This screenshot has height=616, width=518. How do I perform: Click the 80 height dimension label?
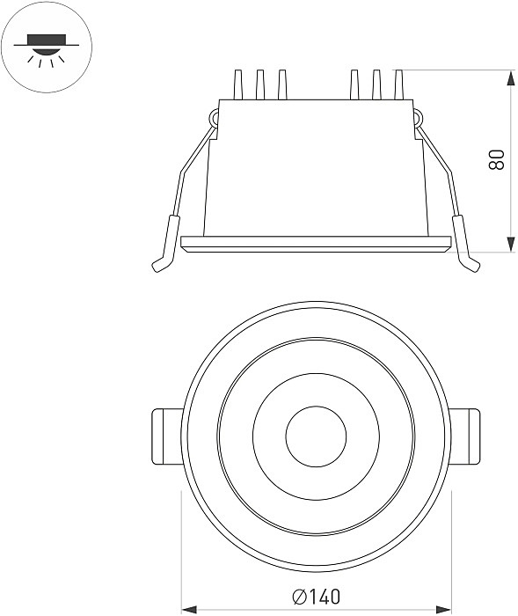tap(497, 159)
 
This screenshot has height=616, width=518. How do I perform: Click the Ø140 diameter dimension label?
tap(316, 597)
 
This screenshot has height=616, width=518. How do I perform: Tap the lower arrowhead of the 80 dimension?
tap(511, 244)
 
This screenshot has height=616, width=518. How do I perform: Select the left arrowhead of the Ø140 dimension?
tap(189, 610)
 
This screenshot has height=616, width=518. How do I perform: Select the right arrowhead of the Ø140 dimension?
tap(444, 610)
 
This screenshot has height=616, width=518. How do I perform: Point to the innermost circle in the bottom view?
tap(316, 436)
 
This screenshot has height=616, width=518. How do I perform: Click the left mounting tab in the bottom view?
tap(167, 436)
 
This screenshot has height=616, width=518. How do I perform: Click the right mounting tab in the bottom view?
tap(465, 436)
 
